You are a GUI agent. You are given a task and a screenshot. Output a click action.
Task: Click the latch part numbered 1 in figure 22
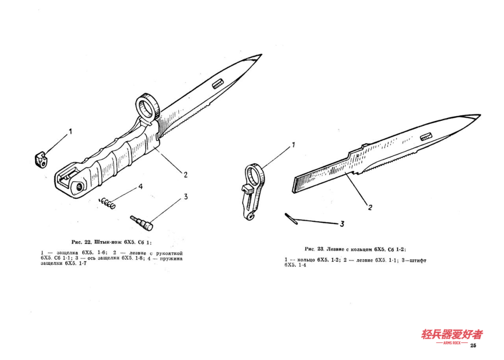41,160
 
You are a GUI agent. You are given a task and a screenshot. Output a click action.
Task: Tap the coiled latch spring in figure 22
107,203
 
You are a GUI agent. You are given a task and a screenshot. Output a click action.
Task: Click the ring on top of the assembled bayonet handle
147,108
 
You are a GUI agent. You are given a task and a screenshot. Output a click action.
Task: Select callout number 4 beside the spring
140,187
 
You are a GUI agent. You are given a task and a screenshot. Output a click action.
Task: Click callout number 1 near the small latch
70,131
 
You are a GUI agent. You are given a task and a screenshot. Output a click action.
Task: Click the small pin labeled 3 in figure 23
291,219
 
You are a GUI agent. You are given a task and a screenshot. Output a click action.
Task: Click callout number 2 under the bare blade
370,207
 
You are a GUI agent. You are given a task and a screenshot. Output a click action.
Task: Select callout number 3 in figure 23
342,224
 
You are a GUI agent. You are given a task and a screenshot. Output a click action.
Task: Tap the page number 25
473,345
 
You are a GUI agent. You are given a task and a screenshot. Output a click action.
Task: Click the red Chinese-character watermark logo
452,336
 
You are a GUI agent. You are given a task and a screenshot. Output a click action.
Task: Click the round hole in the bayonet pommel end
79,187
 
